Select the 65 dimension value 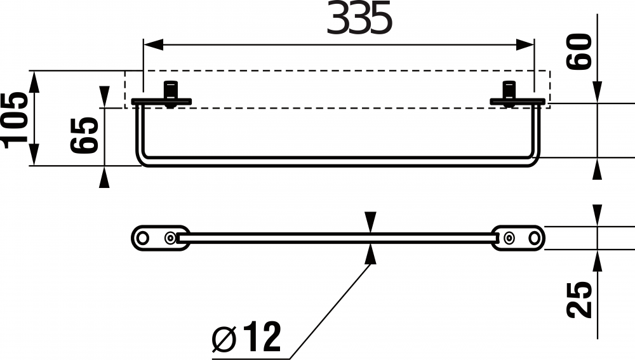pos(84,135)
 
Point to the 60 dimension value pos(580,52)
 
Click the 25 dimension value pos(580,299)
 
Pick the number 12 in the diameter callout pos(260,337)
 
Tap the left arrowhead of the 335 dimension pos(153,44)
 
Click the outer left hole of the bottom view pos(143,237)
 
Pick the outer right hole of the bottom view pos(535,237)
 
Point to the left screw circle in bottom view pos(170,237)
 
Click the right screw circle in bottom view pos(509,237)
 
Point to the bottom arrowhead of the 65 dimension pos(104,177)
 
